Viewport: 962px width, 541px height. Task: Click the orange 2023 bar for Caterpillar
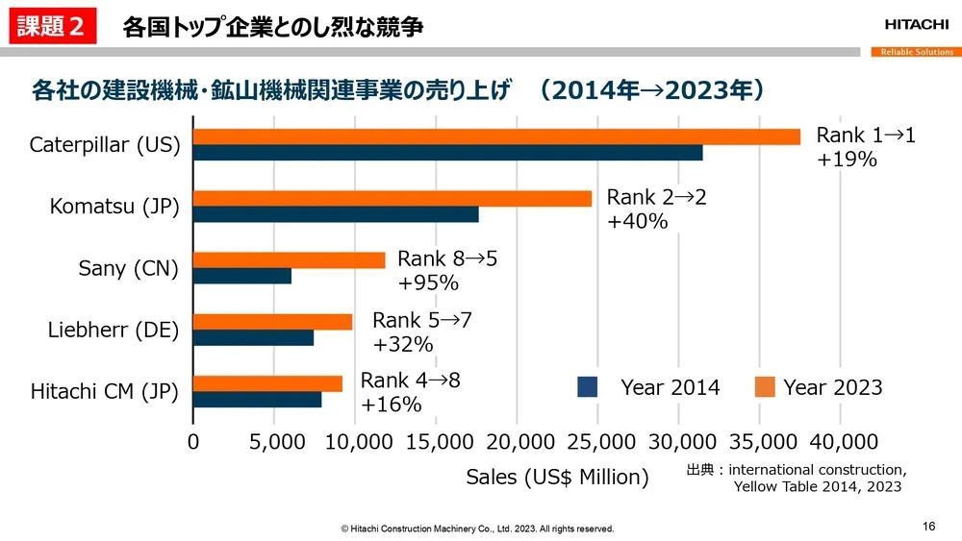[x=496, y=136]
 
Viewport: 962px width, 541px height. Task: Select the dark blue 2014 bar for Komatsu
[x=336, y=214]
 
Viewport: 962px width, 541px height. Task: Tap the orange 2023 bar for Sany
[x=289, y=259]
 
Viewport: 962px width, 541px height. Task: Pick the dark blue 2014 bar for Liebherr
[x=253, y=337]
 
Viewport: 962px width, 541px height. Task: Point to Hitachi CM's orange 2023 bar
[x=267, y=383]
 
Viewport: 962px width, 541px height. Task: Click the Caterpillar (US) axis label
[x=105, y=145]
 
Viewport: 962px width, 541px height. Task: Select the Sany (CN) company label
[x=128, y=268]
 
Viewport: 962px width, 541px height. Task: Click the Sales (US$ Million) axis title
[x=557, y=477]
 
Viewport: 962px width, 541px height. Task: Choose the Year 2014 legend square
[x=588, y=387]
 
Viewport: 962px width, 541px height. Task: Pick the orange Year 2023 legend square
[x=765, y=387]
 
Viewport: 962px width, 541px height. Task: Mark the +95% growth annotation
[x=428, y=283]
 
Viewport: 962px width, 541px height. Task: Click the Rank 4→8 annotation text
[x=410, y=381]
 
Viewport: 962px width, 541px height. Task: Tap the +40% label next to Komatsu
[x=637, y=222]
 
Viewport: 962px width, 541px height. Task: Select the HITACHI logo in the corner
[x=916, y=25]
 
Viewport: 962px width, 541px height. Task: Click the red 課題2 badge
[x=54, y=27]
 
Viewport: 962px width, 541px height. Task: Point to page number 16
[x=928, y=526]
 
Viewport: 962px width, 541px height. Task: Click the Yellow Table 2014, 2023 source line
[x=818, y=486]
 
